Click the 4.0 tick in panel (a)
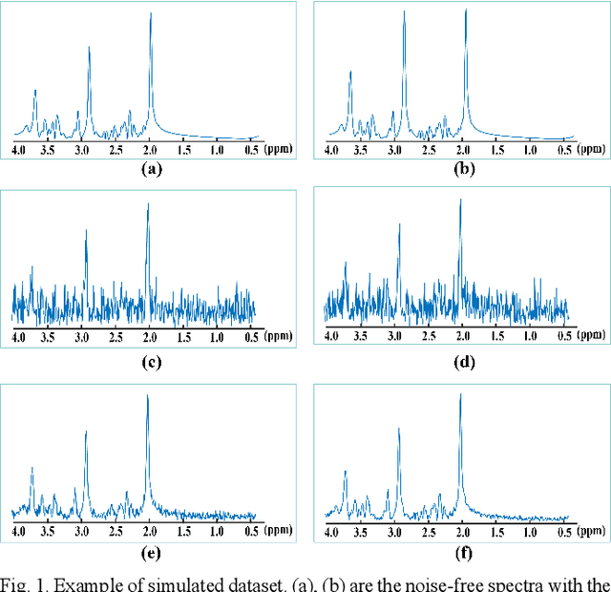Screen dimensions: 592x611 tap(18, 150)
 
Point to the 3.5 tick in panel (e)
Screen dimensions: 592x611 tap(52, 530)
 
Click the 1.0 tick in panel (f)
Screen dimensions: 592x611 tap(529, 530)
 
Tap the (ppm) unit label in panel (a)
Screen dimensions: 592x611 tap(279, 150)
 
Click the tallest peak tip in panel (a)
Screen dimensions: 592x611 tap(151, 12)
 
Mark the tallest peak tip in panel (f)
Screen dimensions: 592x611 tap(460, 393)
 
